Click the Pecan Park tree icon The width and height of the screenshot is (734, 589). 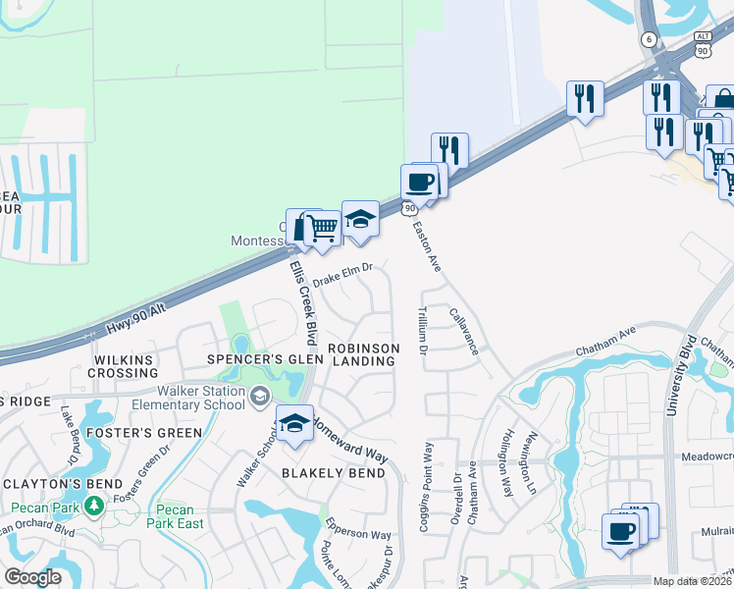(x=94, y=506)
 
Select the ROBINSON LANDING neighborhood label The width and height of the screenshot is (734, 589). (x=363, y=354)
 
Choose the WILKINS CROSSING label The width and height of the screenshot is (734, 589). (x=126, y=366)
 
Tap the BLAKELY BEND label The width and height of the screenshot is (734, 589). (x=334, y=473)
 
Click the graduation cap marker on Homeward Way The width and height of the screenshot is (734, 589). (x=294, y=424)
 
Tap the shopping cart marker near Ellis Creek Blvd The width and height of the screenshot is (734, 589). (x=323, y=229)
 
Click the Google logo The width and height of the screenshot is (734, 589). (x=32, y=577)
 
